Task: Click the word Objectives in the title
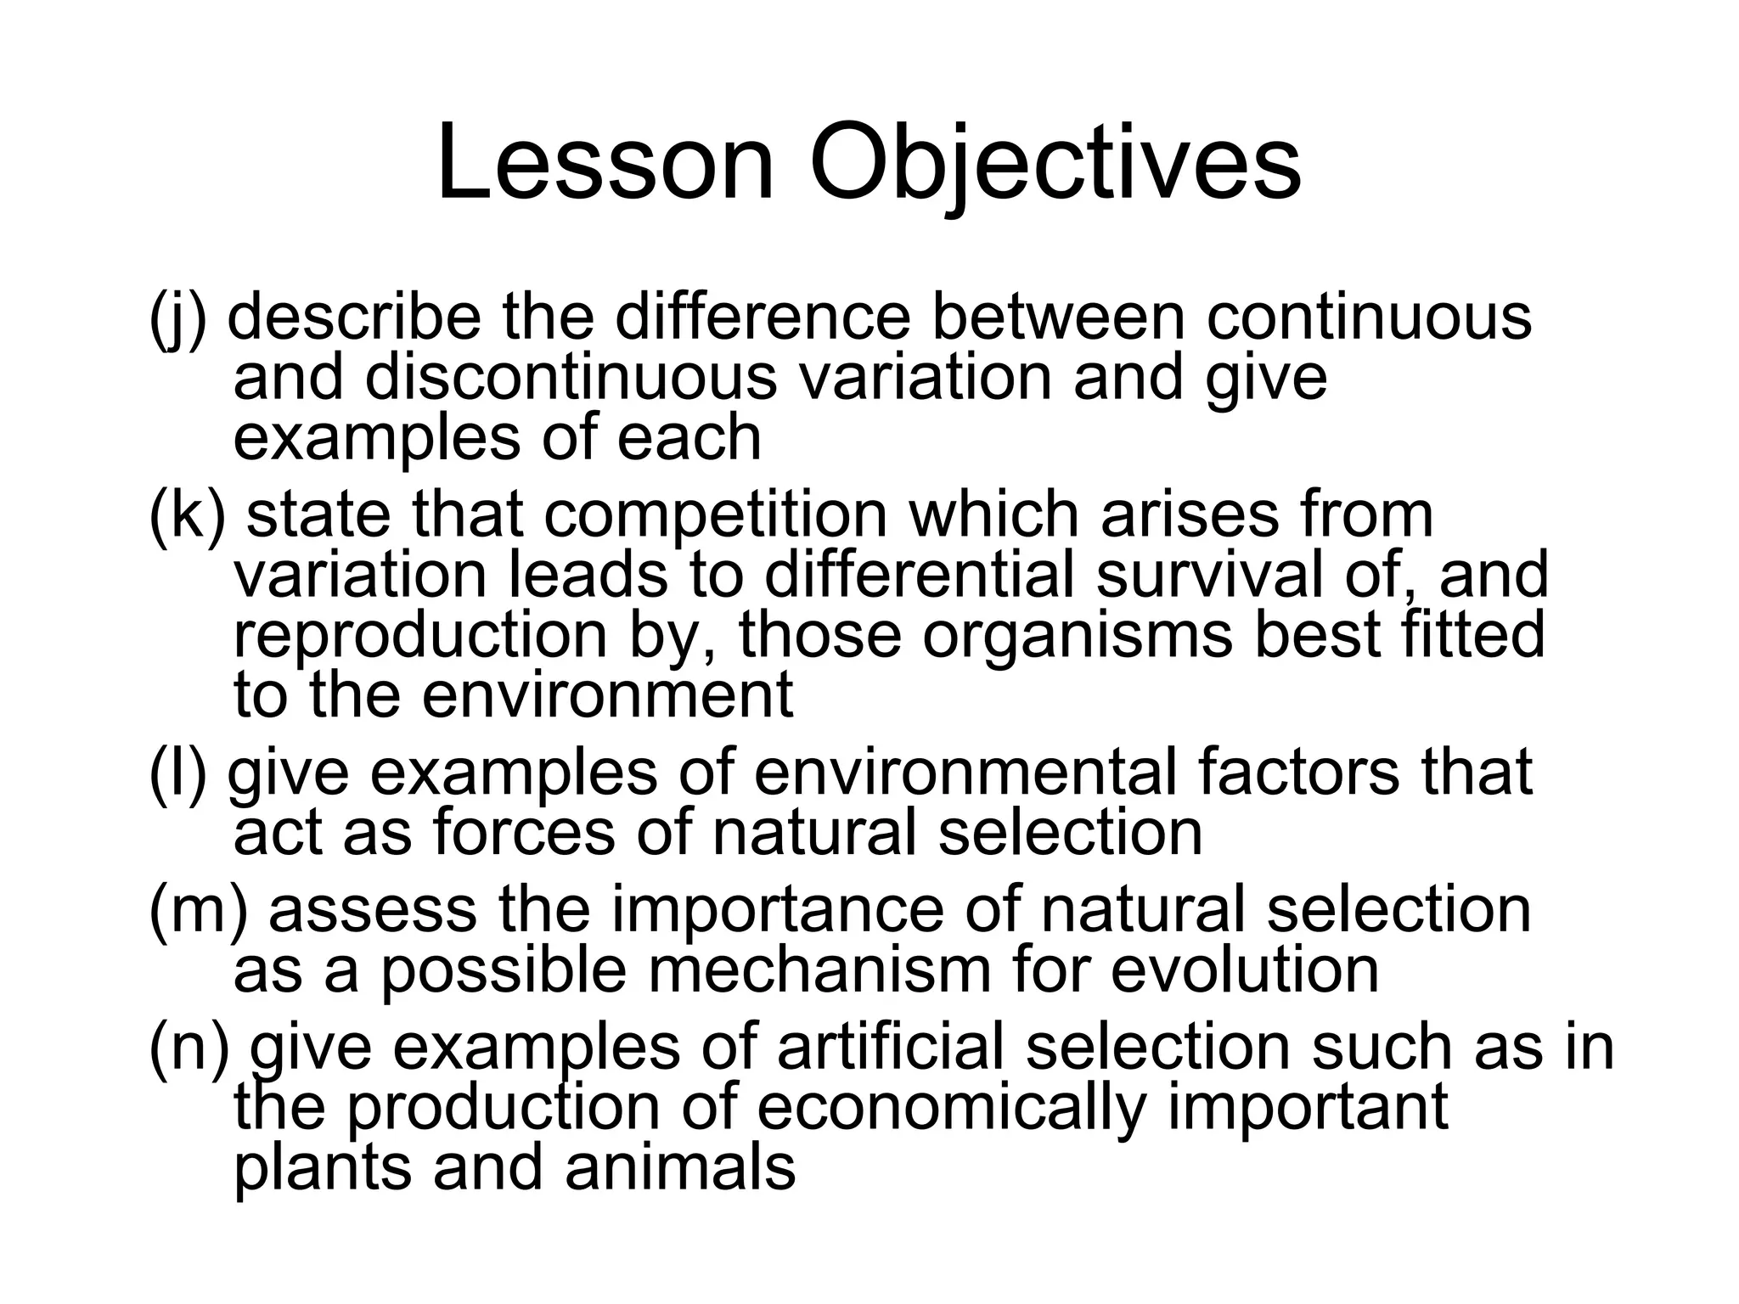point(1055,163)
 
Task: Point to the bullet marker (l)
point(177,773)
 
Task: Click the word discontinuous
point(571,378)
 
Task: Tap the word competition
point(715,516)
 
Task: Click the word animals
point(680,1167)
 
